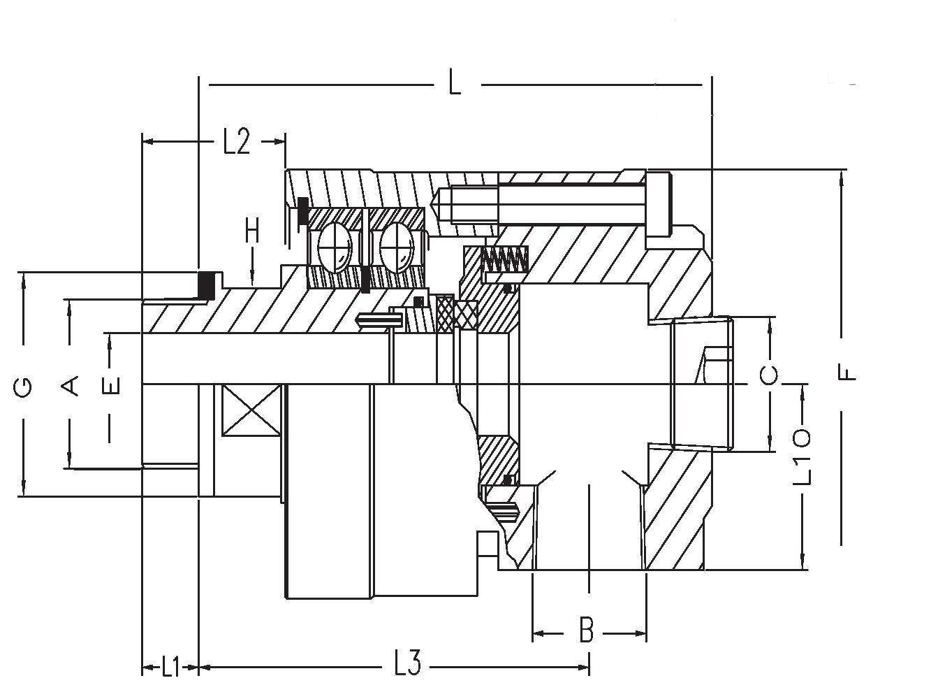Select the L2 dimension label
click(236, 142)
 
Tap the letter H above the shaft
click(252, 232)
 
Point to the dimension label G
click(23, 387)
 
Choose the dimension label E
click(112, 386)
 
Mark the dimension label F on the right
click(846, 373)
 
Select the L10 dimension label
click(801, 459)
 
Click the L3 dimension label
click(407, 663)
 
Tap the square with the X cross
click(251, 410)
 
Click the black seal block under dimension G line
click(207, 284)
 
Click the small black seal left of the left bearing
click(303, 211)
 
